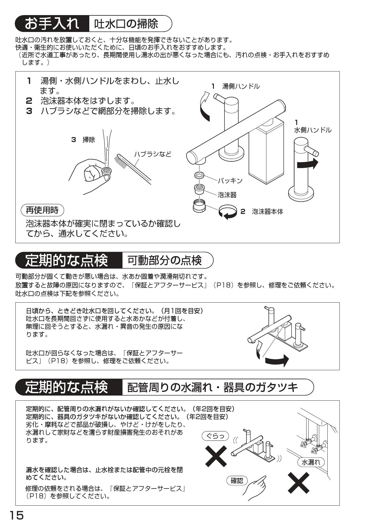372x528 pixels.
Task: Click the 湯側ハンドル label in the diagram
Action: tap(240, 86)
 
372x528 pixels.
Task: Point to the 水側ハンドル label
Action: tap(312, 130)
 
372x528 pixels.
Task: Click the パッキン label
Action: tap(230, 180)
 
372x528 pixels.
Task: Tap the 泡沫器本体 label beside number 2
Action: tap(267, 212)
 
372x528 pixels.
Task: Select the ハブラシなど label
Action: tap(152, 154)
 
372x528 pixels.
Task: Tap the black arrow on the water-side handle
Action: tap(307, 164)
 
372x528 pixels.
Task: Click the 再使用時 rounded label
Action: tap(42, 210)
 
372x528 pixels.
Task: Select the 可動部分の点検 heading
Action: tap(164, 260)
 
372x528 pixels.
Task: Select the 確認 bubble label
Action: tap(237, 480)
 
